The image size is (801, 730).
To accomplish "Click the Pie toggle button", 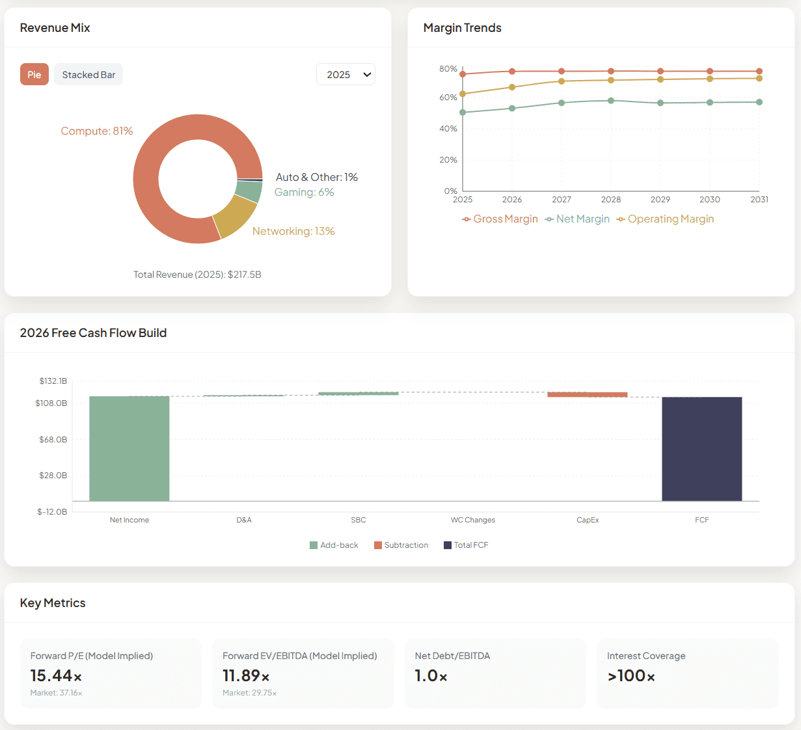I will [x=34, y=75].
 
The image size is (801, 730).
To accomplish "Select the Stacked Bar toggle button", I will [x=88, y=75].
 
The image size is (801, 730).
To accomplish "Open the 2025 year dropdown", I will [x=346, y=75].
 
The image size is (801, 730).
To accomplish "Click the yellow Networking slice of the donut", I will [x=235, y=216].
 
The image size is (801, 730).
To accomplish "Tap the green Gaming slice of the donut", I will [x=249, y=191].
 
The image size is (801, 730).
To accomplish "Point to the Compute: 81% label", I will [x=97, y=131].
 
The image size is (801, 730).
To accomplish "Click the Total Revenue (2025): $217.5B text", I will [x=197, y=275].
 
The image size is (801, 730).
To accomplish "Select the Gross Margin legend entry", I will [x=500, y=219].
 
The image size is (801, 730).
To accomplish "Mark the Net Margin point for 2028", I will [x=611, y=101].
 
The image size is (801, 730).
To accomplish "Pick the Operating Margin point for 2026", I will [x=512, y=87].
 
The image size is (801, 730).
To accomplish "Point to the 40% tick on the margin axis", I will [x=448, y=129].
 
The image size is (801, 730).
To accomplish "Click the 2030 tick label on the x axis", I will [x=710, y=200].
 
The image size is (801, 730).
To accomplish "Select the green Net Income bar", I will [x=129, y=448].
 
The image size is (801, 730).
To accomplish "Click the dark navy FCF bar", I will [x=701, y=449].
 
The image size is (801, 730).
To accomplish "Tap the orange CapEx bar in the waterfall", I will [x=587, y=394].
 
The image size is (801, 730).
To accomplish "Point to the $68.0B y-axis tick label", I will [x=53, y=440].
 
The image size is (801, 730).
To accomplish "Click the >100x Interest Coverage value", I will [x=631, y=676].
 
